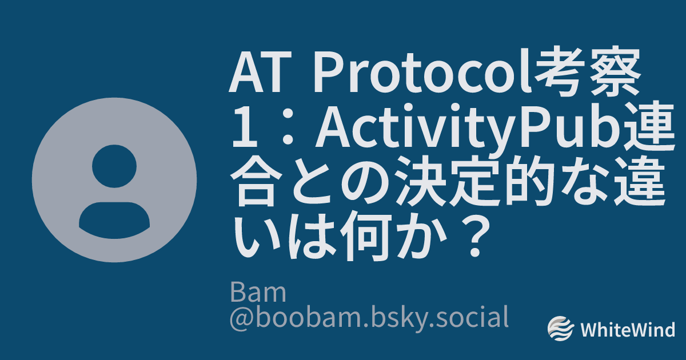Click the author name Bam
click(x=258, y=293)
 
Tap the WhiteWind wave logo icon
click(x=561, y=329)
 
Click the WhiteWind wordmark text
click(x=628, y=330)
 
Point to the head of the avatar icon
click(x=114, y=166)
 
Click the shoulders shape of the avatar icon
click(x=114, y=221)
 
